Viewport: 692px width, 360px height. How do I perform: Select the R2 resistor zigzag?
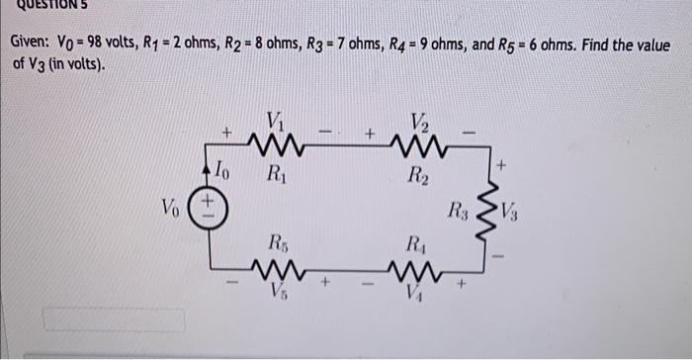(415, 148)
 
